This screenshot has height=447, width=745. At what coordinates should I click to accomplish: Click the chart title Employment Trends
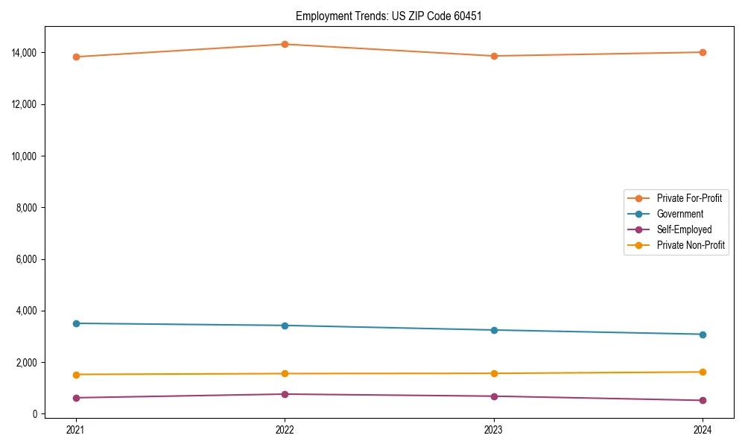point(389,16)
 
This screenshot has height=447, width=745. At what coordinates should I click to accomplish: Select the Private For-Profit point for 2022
point(285,44)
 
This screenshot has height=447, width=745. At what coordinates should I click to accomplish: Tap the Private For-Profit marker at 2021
point(75,57)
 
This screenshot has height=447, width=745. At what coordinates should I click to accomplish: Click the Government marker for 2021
point(75,323)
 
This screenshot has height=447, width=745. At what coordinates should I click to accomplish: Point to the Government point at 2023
point(493,330)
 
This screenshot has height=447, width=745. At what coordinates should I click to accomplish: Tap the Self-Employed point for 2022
point(285,394)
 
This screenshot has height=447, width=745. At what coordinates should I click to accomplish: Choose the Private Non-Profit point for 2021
point(75,375)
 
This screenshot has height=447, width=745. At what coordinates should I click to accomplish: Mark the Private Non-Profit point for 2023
point(493,373)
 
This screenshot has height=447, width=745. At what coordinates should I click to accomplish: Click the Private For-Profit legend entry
point(688,198)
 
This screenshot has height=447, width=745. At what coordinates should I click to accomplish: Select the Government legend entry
point(679,214)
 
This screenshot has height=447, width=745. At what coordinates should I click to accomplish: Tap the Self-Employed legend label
point(684,229)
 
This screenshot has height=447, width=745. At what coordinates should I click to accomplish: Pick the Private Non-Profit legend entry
point(691,245)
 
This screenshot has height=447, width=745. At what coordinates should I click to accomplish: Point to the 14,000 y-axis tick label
point(24,53)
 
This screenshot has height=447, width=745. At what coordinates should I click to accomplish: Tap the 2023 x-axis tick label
point(493,429)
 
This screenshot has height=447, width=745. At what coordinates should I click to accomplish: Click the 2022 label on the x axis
point(285,429)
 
